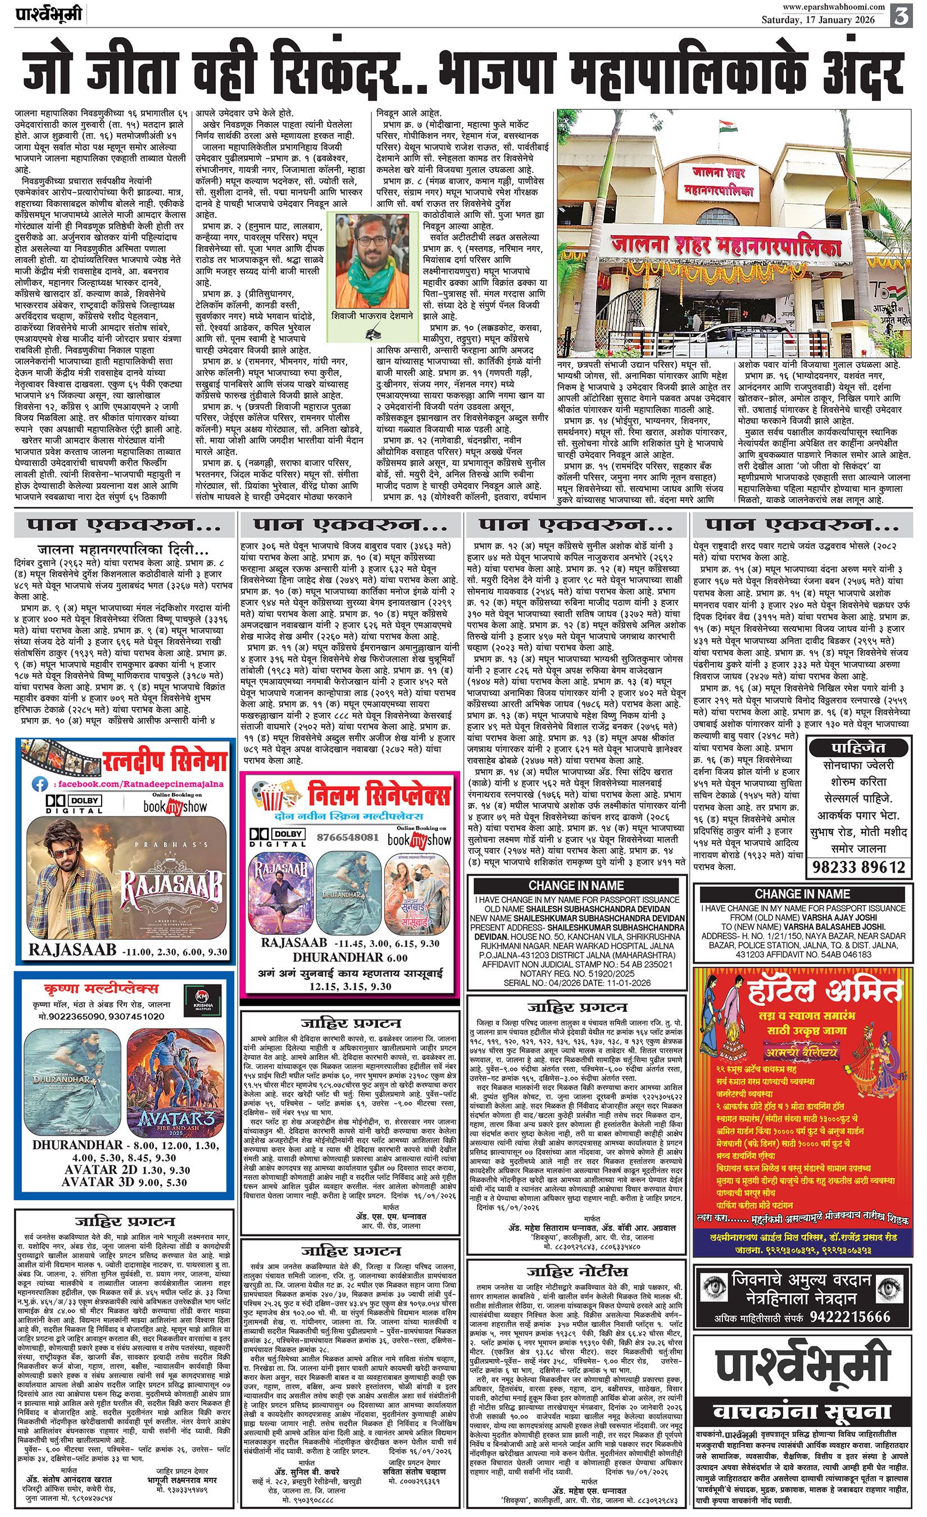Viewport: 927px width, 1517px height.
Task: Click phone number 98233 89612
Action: coord(858,867)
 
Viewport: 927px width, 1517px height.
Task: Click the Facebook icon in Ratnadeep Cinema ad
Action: coord(41,784)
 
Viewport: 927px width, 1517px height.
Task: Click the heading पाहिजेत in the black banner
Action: coord(858,748)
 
